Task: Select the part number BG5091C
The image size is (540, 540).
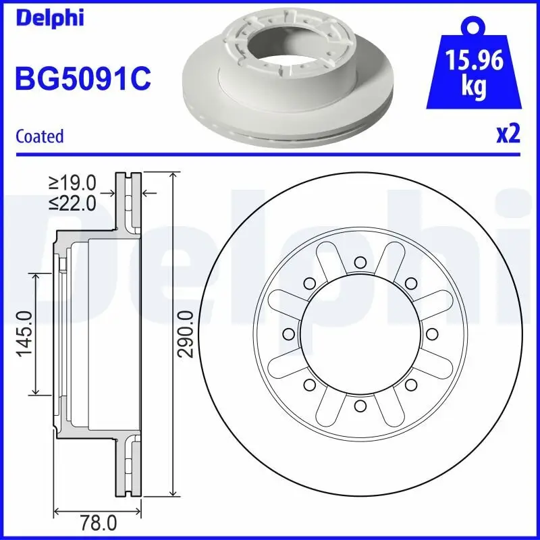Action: (82, 78)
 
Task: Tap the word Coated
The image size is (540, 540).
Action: (39, 136)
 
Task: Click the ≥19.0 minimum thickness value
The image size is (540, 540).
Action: (73, 182)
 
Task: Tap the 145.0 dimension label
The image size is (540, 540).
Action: (26, 334)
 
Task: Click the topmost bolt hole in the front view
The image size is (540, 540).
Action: (360, 262)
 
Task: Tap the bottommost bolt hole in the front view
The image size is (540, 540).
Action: (360, 405)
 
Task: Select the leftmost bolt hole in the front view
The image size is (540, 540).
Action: (288, 333)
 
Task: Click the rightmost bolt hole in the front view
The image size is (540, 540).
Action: (431, 333)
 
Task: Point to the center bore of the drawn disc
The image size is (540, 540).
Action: (360, 333)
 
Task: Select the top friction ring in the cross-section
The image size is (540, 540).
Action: (128, 202)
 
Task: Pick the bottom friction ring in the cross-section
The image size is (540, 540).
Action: (128, 466)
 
